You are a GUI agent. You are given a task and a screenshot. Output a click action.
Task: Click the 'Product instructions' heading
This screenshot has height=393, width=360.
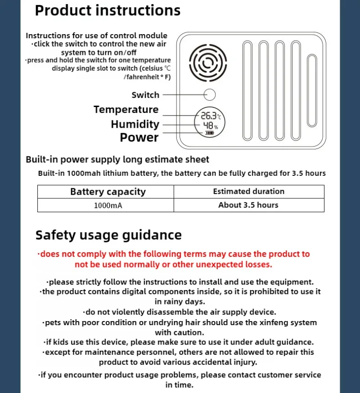pyautogui.click(x=108, y=10)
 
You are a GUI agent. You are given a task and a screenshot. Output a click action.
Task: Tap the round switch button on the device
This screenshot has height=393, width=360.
pyautogui.click(x=210, y=95)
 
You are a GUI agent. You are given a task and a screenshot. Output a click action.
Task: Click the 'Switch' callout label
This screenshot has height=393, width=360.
pyautogui.click(x=145, y=95)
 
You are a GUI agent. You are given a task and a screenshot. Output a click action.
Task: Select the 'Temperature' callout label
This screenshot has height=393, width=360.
pyautogui.click(x=126, y=110)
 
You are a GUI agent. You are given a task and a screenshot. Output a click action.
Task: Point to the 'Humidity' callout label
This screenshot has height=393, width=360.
pyautogui.click(x=135, y=124)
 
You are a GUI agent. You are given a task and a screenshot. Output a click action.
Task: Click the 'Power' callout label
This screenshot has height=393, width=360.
pyautogui.click(x=139, y=138)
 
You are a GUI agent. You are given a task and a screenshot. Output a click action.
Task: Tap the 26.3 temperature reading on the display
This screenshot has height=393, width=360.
pyautogui.click(x=209, y=116)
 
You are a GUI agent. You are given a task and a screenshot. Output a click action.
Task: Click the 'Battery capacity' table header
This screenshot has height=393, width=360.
pyautogui.click(x=108, y=192)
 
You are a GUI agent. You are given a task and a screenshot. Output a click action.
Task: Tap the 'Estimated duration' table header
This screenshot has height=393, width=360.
pyautogui.click(x=248, y=192)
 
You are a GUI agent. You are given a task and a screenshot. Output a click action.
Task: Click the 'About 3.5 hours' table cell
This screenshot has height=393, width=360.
pyautogui.click(x=248, y=205)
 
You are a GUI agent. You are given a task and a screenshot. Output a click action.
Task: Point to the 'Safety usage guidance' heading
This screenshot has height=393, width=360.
pyautogui.click(x=108, y=235)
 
